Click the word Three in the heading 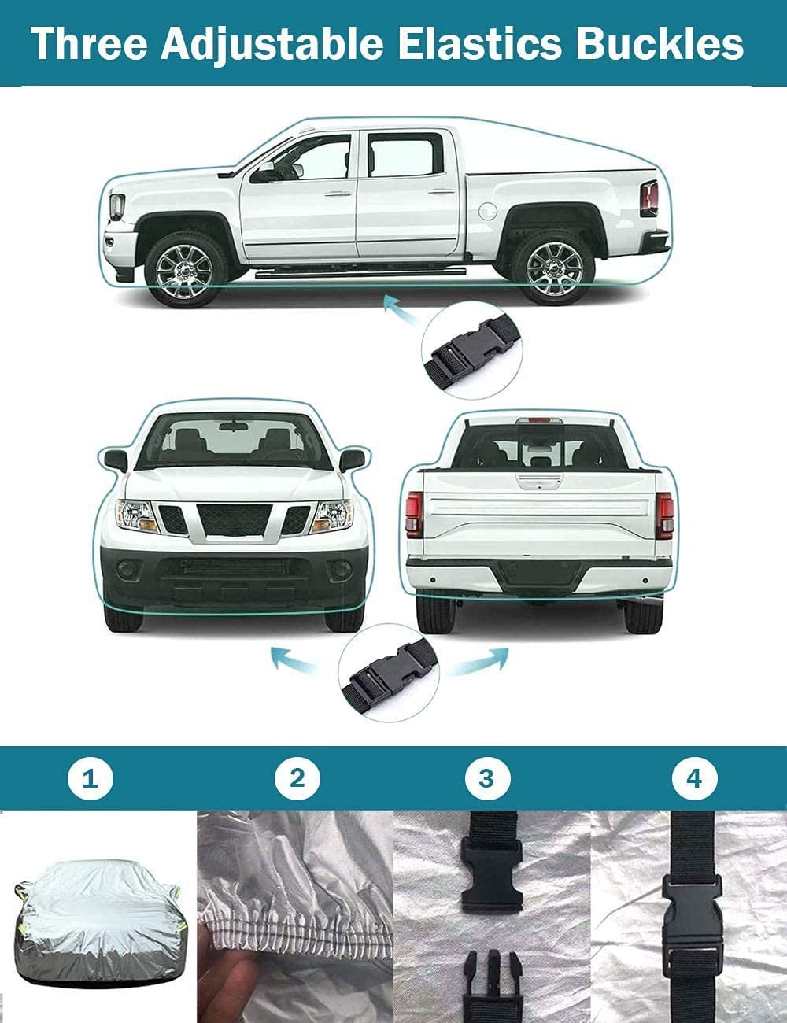tap(90, 44)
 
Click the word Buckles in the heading tap(660, 44)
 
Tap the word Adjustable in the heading tap(272, 46)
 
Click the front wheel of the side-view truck tap(184, 270)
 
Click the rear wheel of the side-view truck tap(555, 268)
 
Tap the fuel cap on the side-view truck tap(487, 210)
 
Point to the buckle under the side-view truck tap(471, 350)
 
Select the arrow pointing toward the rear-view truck tap(480, 660)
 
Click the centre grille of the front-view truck tap(235, 519)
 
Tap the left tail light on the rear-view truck tap(415, 514)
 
